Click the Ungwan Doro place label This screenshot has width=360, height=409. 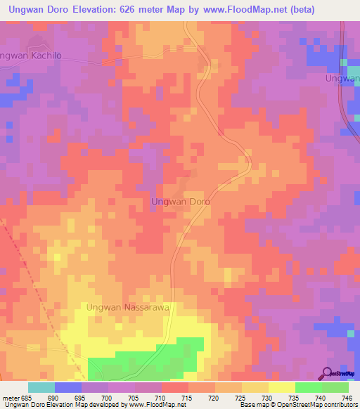coord(181,202)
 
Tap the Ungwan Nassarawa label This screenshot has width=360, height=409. coord(129,307)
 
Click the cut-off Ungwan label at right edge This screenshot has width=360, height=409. coord(342,78)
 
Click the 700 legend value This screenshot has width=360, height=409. coord(108,398)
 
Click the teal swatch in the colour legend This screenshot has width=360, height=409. coord(41,387)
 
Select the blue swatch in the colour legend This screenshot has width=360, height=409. coord(67,387)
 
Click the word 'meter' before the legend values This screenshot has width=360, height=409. coord(10,398)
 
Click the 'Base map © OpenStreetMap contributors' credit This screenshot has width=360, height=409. coord(297,405)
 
